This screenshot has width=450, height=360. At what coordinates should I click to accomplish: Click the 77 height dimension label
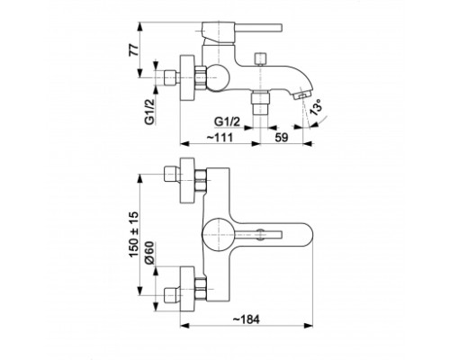[x=134, y=49]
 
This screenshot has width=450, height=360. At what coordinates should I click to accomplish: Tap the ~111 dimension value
[x=220, y=138]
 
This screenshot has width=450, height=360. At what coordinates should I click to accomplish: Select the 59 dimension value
[x=282, y=138]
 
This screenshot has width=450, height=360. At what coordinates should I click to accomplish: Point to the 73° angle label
[x=316, y=107]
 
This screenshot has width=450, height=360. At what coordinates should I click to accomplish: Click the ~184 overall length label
[x=246, y=319]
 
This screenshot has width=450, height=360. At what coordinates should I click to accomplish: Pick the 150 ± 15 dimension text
[x=134, y=234]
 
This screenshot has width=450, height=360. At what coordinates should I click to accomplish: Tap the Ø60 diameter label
[x=149, y=253]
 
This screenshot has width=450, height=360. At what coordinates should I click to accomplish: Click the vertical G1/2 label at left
[x=149, y=112]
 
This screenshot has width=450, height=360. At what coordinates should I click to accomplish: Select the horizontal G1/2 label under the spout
[x=227, y=121]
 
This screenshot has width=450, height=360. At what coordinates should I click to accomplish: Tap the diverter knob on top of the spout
[x=260, y=58]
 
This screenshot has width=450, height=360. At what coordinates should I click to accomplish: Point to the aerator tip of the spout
[x=301, y=95]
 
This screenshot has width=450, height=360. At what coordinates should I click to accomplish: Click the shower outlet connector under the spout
[x=260, y=102]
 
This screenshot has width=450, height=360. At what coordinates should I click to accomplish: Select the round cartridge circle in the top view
[x=218, y=234]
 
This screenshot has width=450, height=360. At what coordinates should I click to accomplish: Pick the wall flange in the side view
[x=187, y=77]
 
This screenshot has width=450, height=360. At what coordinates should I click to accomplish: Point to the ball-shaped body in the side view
[x=217, y=77]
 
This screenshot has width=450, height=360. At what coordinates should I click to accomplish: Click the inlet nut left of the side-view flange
[x=170, y=77]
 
